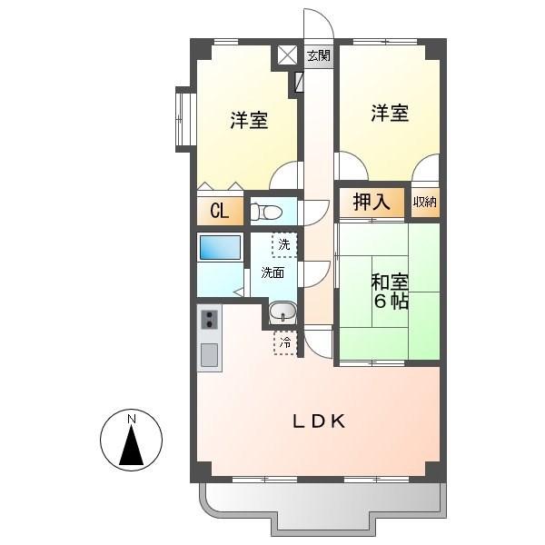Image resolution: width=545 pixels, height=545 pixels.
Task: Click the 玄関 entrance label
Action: click(x=318, y=56)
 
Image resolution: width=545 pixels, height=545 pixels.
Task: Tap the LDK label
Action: click(x=318, y=421)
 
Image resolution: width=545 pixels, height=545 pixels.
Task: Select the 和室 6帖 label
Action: click(x=389, y=291)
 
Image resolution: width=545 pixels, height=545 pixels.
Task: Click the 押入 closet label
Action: click(x=372, y=203)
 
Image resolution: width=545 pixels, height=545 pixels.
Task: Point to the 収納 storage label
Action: click(x=424, y=202)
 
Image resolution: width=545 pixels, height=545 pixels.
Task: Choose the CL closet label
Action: click(x=219, y=212)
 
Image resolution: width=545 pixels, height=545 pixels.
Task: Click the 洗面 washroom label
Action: click(x=272, y=272)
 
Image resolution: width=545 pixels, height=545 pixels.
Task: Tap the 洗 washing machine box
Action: click(x=284, y=243)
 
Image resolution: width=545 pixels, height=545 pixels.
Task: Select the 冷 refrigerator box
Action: click(x=285, y=342)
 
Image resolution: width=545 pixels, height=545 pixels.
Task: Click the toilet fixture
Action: click(x=265, y=213)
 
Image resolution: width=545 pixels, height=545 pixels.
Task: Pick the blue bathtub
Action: click(x=219, y=248)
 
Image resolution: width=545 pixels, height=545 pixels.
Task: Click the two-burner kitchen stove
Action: click(x=209, y=320)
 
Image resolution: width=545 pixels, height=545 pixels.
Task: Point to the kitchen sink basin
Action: click(x=209, y=354)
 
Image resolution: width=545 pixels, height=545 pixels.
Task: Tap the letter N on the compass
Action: click(x=132, y=419)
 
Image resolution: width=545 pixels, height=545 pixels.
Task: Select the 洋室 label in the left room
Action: click(x=248, y=120)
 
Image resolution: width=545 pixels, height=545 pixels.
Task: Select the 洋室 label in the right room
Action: click(x=389, y=114)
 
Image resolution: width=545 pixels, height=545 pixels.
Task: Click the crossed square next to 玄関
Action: click(x=287, y=54)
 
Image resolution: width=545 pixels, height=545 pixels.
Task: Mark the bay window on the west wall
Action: click(x=184, y=118)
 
